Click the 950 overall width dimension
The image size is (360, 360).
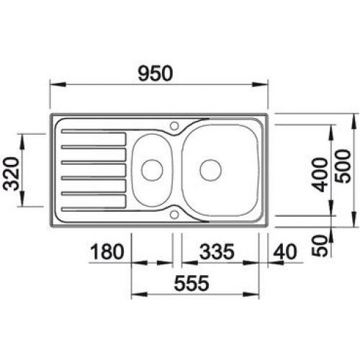click(x=158, y=73)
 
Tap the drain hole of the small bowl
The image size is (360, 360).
click(x=152, y=170)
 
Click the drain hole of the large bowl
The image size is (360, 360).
click(x=210, y=170)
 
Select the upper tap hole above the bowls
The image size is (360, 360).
click(x=175, y=125)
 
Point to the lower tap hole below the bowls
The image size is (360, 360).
click(x=175, y=214)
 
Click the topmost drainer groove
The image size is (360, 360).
click(x=94, y=133)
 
